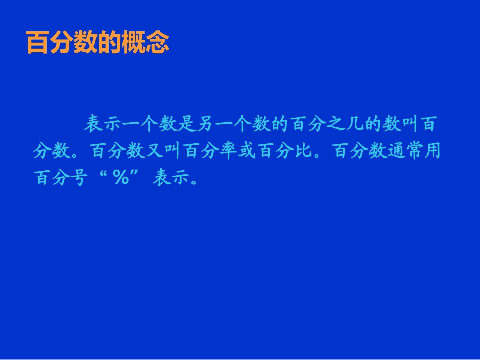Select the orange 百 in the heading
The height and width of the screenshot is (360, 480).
tap(37, 43)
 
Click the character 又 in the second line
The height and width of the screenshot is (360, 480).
tap(155, 150)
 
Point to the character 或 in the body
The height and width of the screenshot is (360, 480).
tap(249, 150)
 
